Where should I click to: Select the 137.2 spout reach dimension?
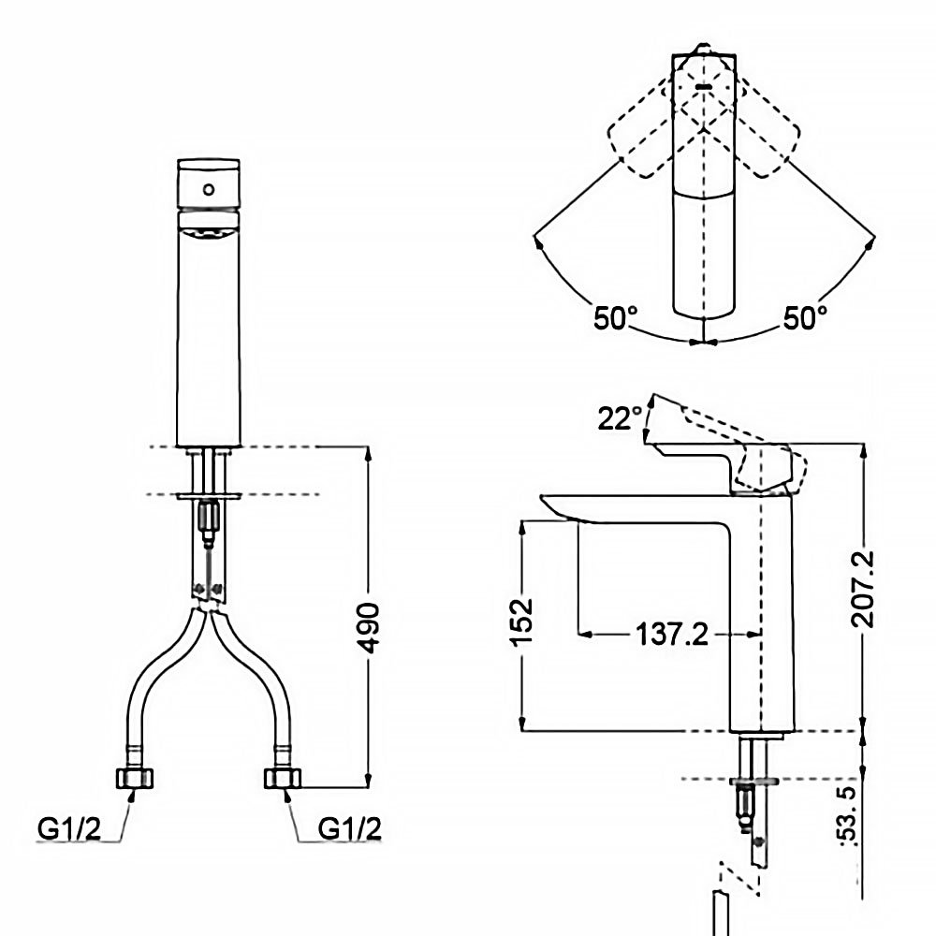point(672,636)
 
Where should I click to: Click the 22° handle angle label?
point(621,417)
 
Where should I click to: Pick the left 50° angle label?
point(614,318)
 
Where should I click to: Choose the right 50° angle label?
point(805,318)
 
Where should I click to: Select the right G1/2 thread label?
point(350,828)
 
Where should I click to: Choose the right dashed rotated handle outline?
point(764,140)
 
